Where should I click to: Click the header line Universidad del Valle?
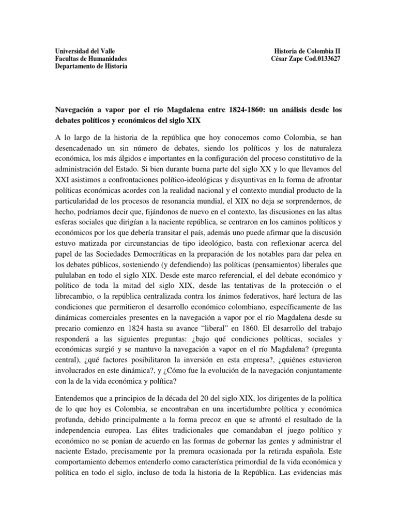point(86,51)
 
